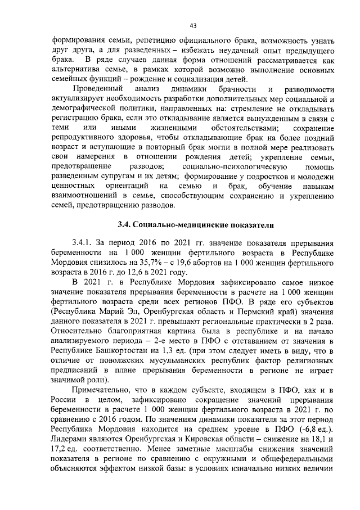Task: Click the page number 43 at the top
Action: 192,25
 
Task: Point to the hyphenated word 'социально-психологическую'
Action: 224,167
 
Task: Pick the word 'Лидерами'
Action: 69,442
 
